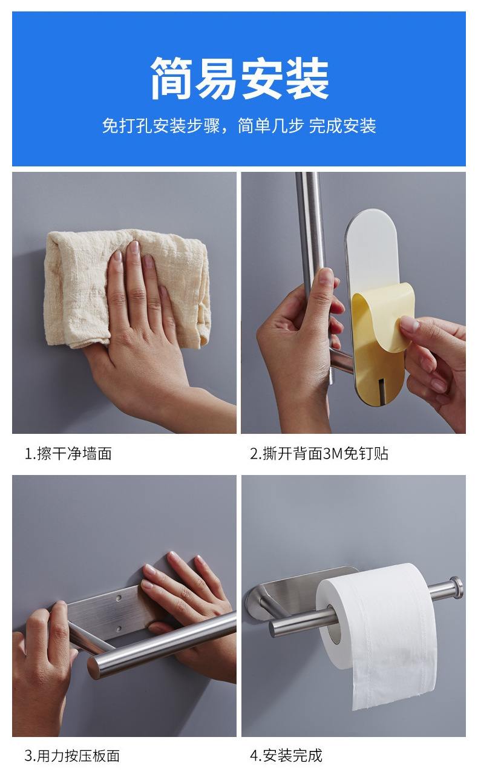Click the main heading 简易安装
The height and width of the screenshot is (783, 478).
(240, 77)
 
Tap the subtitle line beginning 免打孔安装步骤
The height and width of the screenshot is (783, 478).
(239, 126)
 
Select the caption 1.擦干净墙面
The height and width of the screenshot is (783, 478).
(68, 453)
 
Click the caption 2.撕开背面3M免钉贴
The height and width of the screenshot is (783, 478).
(319, 453)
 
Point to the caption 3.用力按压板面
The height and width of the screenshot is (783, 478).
(72, 755)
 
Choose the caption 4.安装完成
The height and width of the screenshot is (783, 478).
(286, 755)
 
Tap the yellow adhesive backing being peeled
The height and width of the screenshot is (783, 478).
(381, 336)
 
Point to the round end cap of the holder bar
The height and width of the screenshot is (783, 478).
(456, 588)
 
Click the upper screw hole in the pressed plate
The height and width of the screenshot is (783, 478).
(119, 598)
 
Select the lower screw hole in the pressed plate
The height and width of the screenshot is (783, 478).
(119, 629)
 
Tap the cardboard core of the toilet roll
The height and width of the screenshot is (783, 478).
(333, 625)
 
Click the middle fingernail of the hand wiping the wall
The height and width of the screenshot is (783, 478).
(134, 247)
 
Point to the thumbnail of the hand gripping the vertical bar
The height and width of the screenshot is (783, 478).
(326, 276)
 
